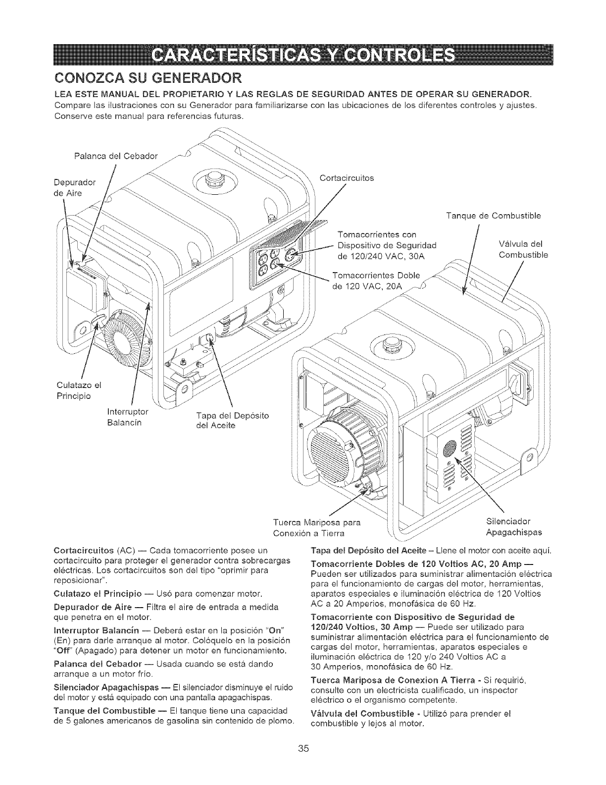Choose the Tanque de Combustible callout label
493,216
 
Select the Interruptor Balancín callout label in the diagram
124,417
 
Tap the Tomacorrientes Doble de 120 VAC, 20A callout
376,281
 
